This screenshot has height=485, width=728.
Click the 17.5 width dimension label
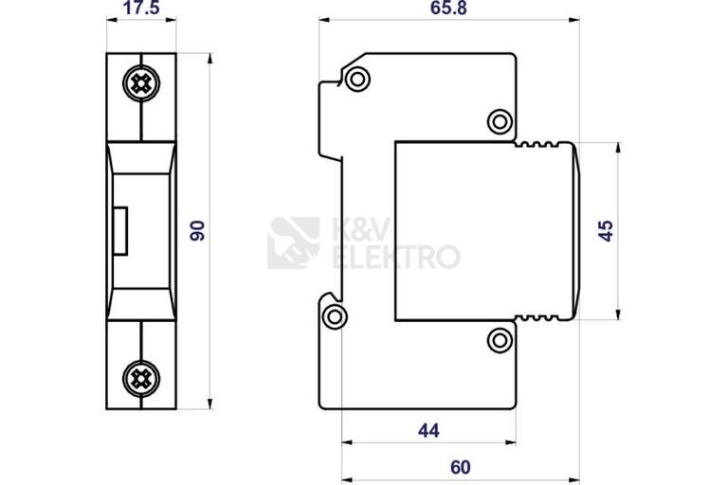click(x=141, y=8)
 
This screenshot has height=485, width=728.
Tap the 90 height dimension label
click(x=197, y=231)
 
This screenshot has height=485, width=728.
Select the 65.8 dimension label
click(x=448, y=8)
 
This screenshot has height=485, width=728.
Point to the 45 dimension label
click(x=606, y=231)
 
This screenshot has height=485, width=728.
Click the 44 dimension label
click(x=428, y=431)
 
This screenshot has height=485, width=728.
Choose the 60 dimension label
click(x=460, y=467)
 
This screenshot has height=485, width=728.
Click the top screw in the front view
click(x=141, y=83)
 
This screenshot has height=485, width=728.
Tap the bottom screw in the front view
click(x=141, y=379)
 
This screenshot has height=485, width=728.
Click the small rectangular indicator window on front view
click(x=120, y=231)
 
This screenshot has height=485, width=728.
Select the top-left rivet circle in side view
click(x=357, y=79)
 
